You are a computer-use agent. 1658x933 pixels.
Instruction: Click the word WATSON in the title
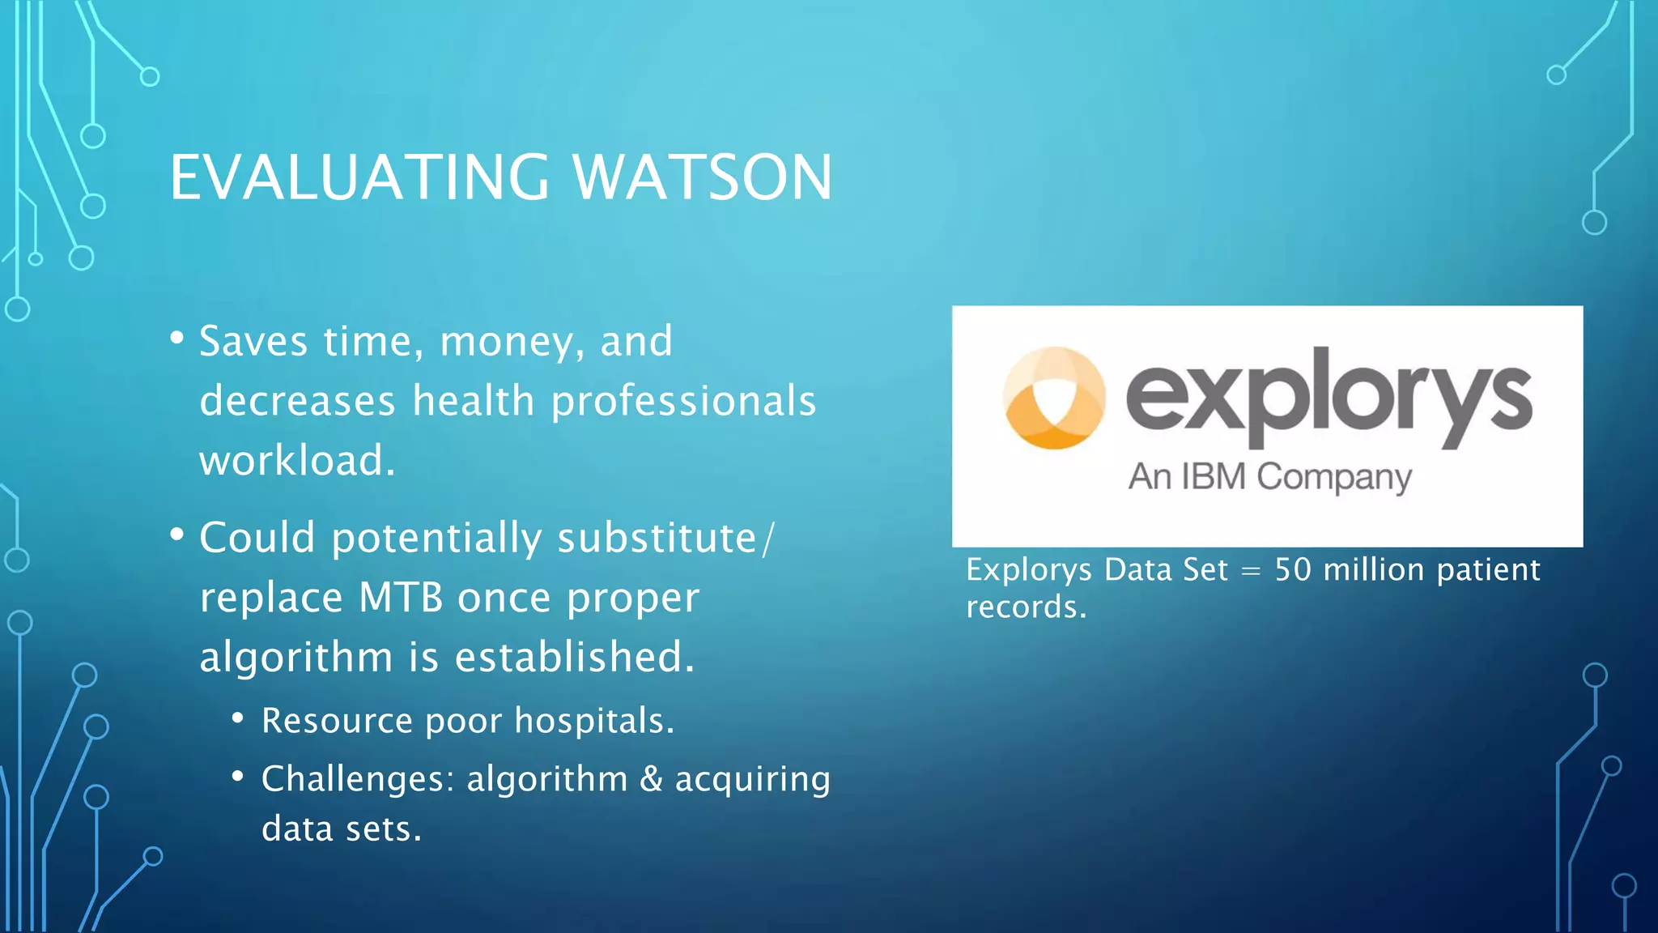[x=703, y=177]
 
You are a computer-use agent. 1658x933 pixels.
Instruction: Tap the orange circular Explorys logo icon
[x=1053, y=397]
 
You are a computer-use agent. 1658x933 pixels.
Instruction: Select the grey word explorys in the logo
[x=1329, y=397]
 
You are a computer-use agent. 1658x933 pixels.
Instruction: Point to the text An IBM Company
[x=1269, y=477]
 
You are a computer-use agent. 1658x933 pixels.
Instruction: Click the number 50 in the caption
[x=1293, y=570]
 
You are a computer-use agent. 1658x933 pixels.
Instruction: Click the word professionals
[x=683, y=402]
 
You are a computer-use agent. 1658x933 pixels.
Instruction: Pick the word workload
[x=296, y=461]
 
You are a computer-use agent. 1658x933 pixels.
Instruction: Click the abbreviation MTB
[x=401, y=598]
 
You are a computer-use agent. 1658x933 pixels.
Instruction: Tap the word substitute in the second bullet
[x=657, y=538]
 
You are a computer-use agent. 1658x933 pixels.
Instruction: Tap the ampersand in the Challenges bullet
[x=651, y=779]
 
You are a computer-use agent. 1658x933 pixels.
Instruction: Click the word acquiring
[x=752, y=780]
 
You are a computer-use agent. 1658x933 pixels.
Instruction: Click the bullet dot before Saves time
[x=177, y=338]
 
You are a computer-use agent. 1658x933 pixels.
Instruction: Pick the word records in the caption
[x=1025, y=607]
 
